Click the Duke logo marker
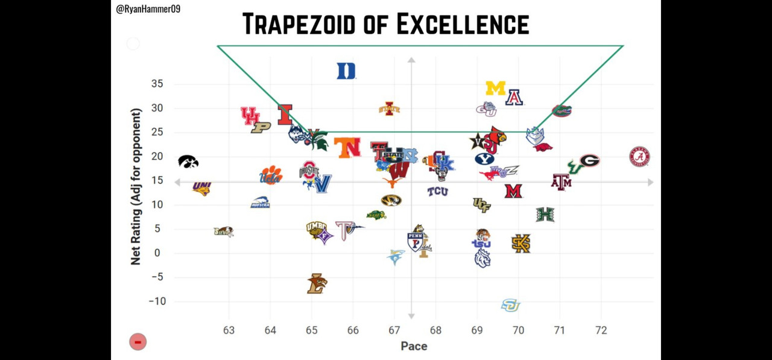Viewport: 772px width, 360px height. pos(346,71)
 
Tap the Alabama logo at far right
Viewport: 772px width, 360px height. pos(639,157)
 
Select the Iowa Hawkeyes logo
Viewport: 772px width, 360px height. pos(188,162)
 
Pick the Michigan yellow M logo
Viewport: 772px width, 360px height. pos(495,89)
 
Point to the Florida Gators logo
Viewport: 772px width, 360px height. pos(562,111)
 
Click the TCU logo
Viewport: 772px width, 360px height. pos(437,192)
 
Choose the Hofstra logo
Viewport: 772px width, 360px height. pos(260,203)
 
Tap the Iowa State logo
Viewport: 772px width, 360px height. pos(389,109)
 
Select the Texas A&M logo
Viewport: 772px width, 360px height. pos(561,182)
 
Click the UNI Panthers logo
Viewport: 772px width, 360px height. pos(201,188)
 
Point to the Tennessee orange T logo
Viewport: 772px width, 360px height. pos(347,148)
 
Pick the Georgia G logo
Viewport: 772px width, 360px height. pos(589,161)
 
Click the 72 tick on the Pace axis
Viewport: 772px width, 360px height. pos(601,330)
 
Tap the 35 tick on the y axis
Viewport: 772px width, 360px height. pos(156,84)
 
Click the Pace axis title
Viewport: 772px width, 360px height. pos(414,346)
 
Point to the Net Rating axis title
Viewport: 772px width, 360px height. pos(136,187)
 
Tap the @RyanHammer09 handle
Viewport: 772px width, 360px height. pos(148,9)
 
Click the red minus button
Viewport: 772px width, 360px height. pos(138,343)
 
